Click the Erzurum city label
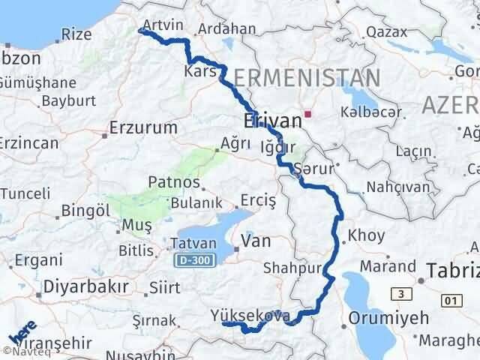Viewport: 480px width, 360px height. [x=142, y=127]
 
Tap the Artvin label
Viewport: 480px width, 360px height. [x=163, y=25]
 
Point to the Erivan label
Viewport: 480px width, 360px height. [x=271, y=121]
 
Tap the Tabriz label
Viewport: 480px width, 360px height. [x=453, y=271]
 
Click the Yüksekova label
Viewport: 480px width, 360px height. [x=250, y=316]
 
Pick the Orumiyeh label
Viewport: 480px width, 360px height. [x=384, y=317]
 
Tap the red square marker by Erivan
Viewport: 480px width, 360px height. [x=307, y=115]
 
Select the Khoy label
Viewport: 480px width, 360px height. [x=367, y=235]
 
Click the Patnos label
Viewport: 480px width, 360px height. [x=174, y=182]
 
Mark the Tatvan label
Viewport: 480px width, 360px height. [x=193, y=244]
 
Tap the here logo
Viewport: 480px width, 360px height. [x=20, y=334]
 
